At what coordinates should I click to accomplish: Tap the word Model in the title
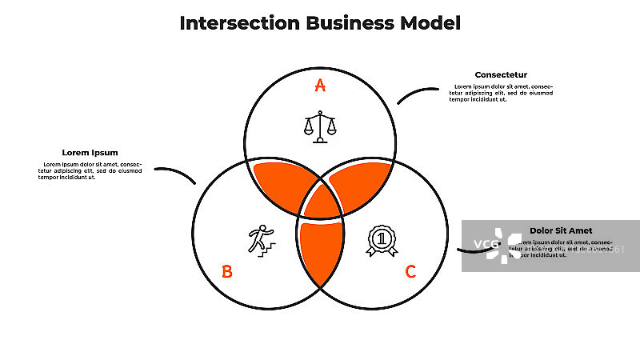coord(430,22)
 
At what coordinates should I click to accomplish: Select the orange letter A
coord(320,86)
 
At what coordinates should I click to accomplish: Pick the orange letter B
coord(227,272)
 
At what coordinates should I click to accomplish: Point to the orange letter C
coord(410,272)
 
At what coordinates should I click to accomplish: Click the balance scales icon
coord(320,126)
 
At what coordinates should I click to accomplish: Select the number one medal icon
coord(382,240)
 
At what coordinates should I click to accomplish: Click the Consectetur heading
coord(501,75)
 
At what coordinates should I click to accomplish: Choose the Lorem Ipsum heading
coord(90,153)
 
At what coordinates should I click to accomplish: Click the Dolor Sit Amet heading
coord(561,230)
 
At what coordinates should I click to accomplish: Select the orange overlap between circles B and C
coord(320,252)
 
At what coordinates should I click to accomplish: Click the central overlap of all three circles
coord(320,204)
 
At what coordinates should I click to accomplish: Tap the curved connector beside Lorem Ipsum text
coord(176,173)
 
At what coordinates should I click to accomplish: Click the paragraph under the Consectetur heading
coord(501,93)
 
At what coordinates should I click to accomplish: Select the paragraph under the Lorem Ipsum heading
coord(90,170)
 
